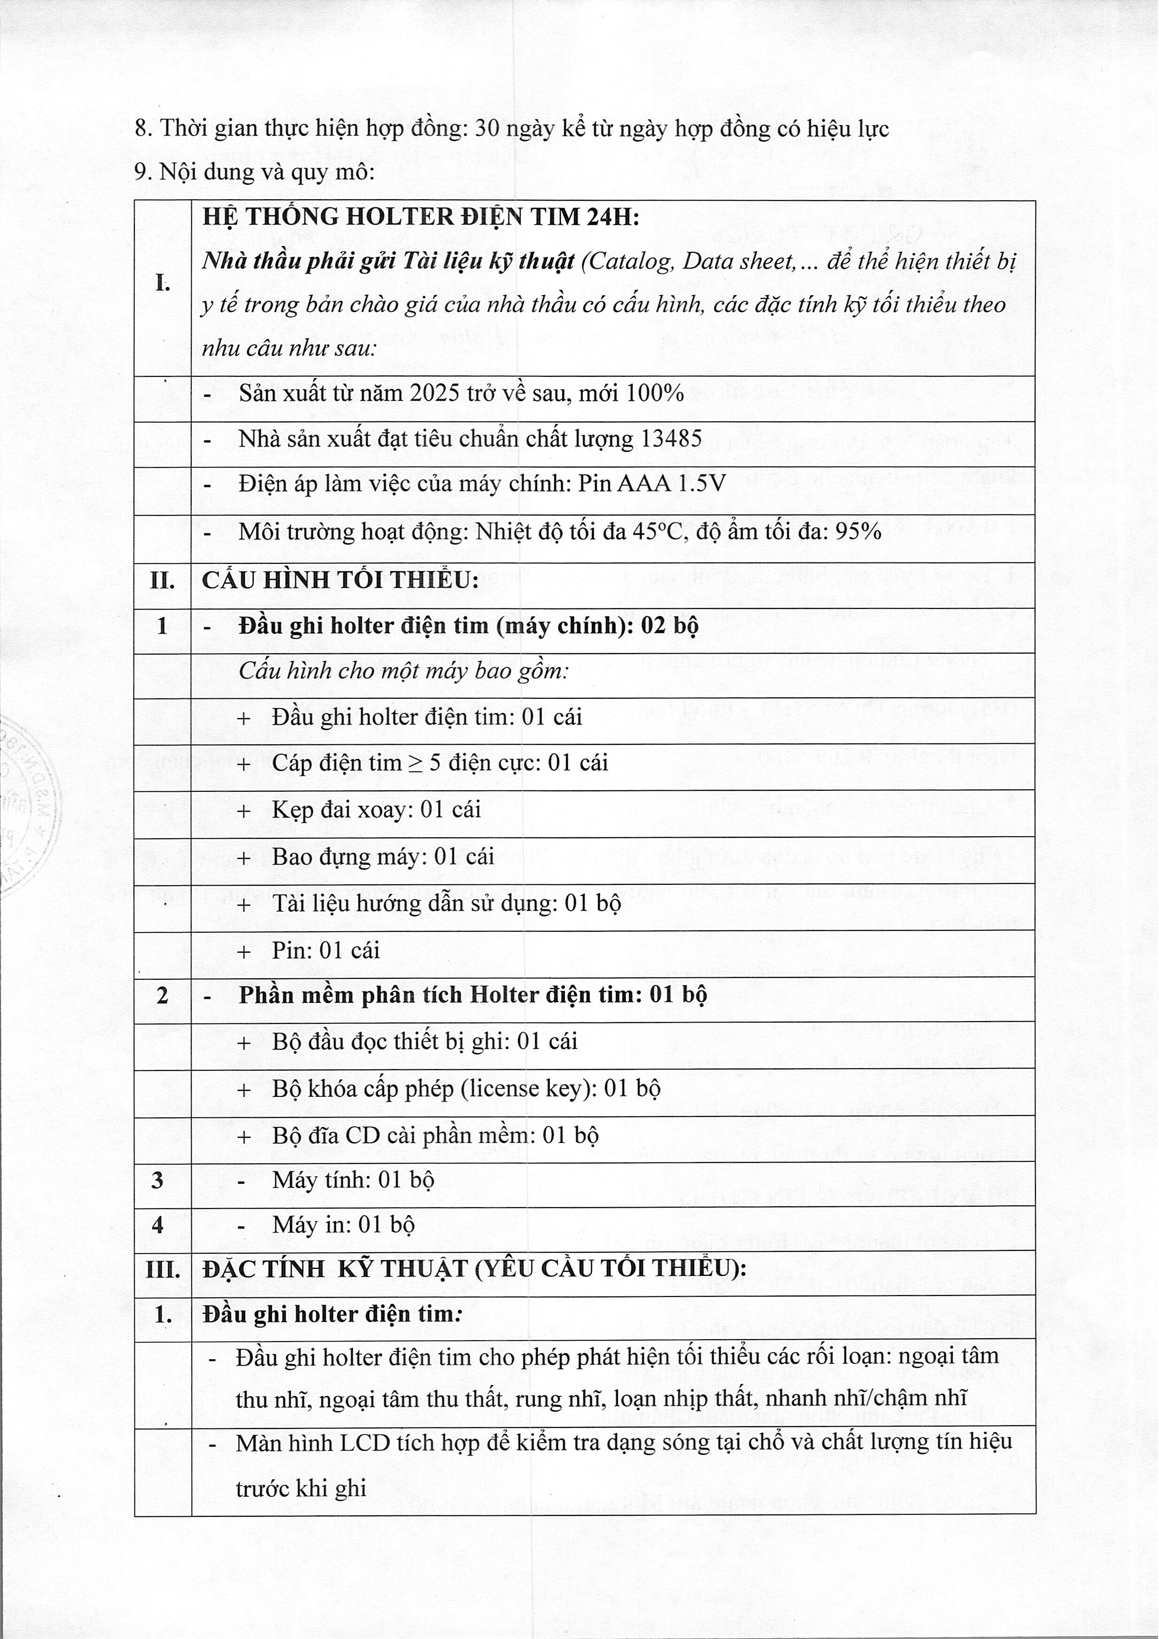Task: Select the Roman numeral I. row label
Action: click(163, 283)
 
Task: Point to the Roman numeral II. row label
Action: click(163, 580)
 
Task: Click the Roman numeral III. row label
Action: click(163, 1269)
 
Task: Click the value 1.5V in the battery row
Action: click(701, 484)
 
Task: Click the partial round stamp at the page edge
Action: click(32, 807)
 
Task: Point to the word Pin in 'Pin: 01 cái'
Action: click(289, 951)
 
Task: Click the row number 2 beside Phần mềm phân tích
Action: click(163, 996)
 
